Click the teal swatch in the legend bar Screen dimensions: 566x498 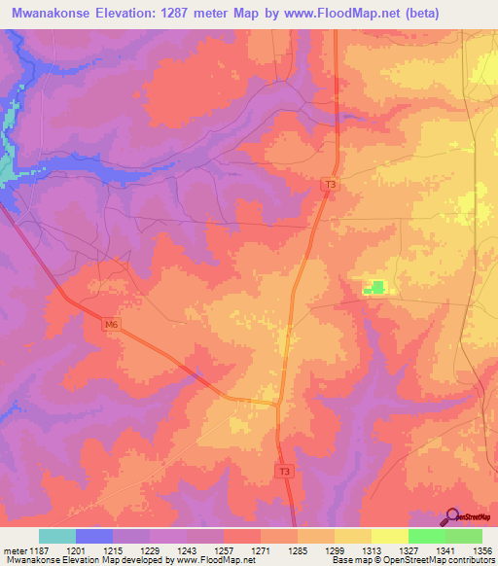[x=57, y=536]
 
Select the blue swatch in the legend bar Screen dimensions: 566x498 [x=94, y=536]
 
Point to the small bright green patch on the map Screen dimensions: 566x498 [x=374, y=287]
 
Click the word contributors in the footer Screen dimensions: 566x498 [x=468, y=560]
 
